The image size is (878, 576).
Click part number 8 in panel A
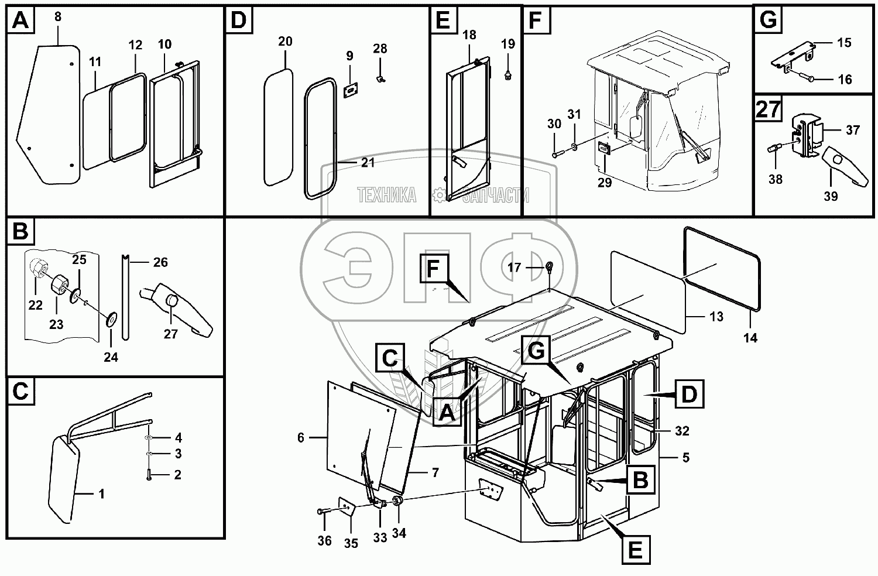coord(57,17)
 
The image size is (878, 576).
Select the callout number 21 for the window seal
coord(368,163)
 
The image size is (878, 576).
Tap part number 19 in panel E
coord(508,44)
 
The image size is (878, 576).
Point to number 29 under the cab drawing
coord(605,183)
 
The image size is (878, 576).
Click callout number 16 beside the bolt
coord(845,80)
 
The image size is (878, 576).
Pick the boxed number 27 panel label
coord(768,109)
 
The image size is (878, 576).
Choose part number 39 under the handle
coord(831,197)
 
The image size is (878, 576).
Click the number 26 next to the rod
coord(160,262)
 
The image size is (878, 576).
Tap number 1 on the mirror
coord(101,494)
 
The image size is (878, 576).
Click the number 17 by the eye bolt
coord(514,268)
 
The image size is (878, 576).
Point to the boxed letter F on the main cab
coord(433,269)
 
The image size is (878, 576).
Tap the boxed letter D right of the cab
coord(689,394)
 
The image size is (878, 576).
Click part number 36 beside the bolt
coord(324,541)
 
